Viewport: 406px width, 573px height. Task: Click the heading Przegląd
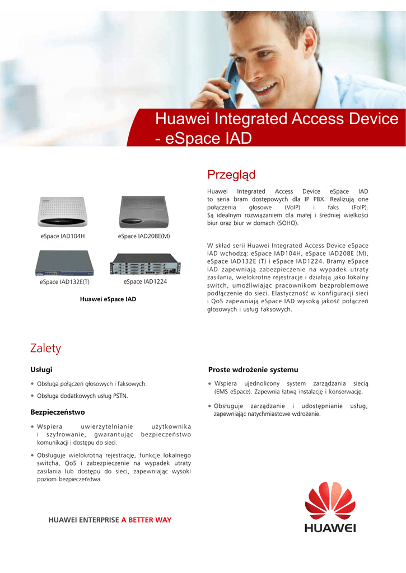(231, 175)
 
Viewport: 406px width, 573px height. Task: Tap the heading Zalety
(45, 348)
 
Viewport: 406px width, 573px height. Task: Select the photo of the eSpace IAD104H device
(62, 213)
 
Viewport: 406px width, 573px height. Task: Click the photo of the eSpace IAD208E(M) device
(143, 213)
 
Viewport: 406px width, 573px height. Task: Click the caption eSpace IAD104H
(63, 236)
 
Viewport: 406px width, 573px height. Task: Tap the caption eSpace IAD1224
(145, 281)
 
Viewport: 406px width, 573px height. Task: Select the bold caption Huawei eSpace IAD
(108, 299)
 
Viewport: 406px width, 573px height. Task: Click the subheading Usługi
(41, 369)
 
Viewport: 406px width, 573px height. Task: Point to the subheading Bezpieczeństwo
(57, 412)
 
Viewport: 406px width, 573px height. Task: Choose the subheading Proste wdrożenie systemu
(253, 369)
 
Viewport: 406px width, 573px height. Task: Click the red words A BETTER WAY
(146, 520)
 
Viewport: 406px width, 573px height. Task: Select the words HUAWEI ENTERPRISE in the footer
(84, 520)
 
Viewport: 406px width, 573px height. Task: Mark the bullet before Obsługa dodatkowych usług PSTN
(32, 396)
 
